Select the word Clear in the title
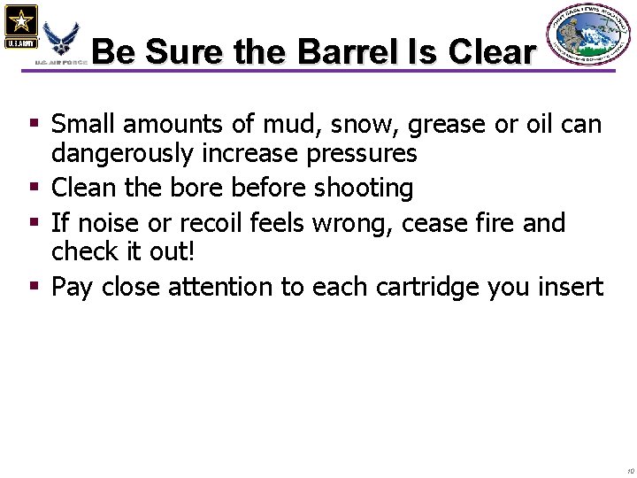(491, 51)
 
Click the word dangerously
(119, 153)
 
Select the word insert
(574, 287)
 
